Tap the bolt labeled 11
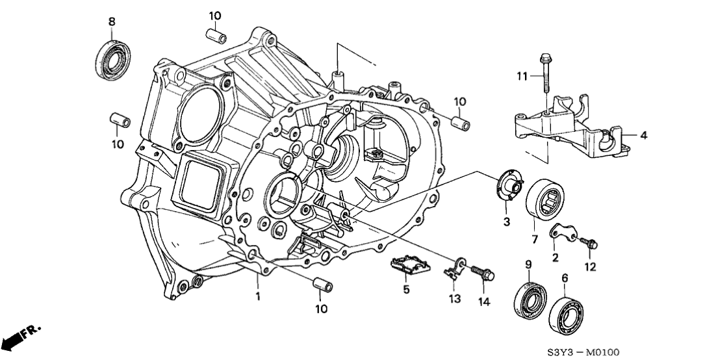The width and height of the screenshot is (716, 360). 544,78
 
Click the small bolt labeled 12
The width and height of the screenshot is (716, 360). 591,244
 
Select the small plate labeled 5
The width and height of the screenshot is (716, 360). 411,266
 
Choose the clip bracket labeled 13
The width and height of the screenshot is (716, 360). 456,269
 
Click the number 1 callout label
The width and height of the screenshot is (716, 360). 257,296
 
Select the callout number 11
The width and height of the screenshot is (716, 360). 521,77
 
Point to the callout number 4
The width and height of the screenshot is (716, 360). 643,136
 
